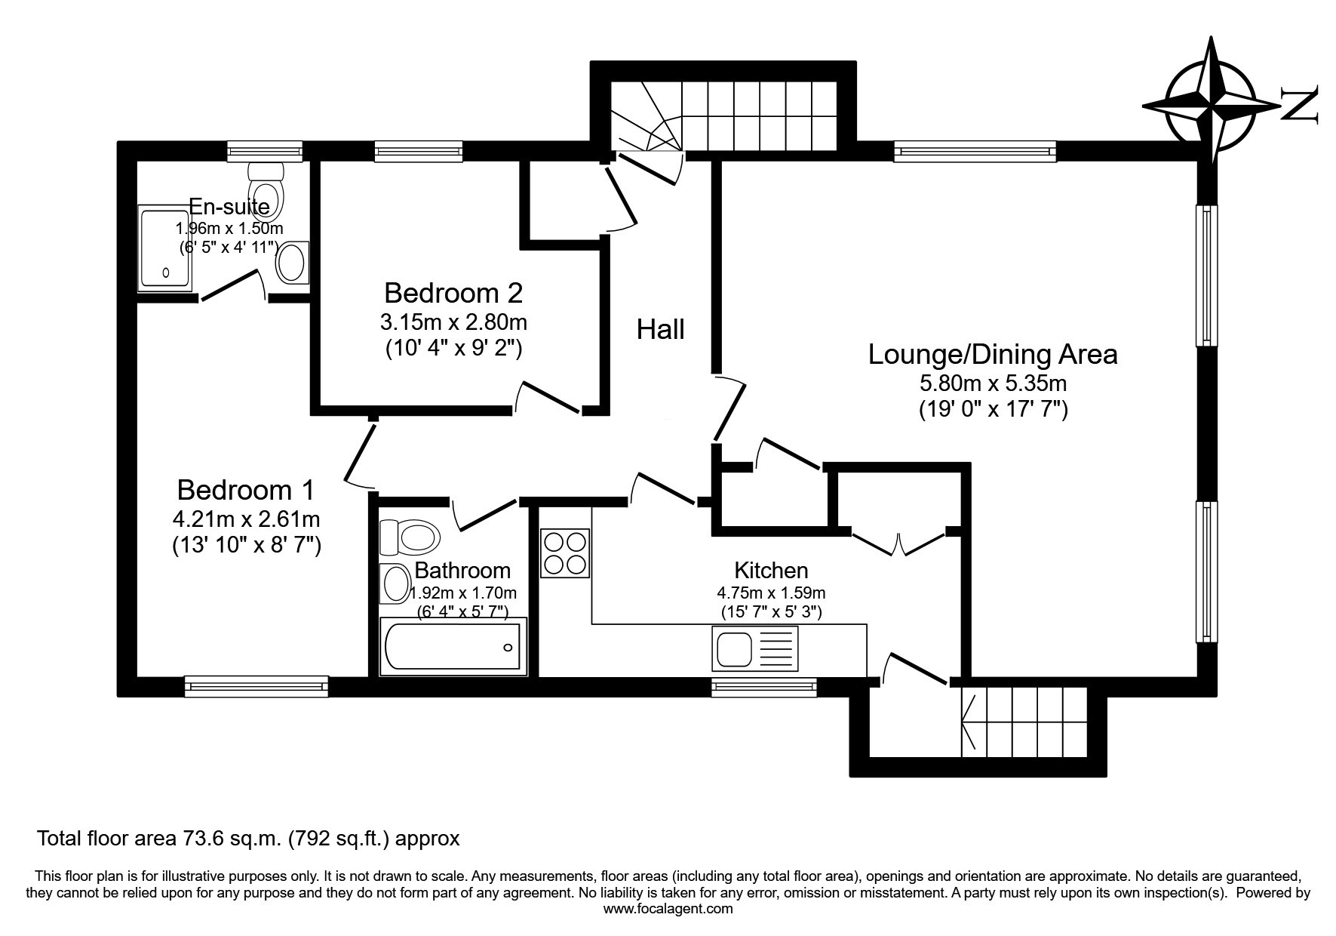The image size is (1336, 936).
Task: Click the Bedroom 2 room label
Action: click(x=453, y=292)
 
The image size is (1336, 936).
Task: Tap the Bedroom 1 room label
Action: click(x=246, y=490)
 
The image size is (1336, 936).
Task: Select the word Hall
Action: click(x=661, y=329)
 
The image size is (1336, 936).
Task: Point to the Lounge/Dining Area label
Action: click(x=993, y=354)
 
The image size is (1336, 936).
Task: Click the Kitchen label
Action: click(x=771, y=570)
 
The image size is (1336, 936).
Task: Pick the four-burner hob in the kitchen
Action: click(x=565, y=553)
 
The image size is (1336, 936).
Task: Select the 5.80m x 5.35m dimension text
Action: click(x=993, y=383)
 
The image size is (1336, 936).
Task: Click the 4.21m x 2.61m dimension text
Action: click(x=246, y=519)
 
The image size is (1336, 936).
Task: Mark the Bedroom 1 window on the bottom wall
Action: click(x=256, y=685)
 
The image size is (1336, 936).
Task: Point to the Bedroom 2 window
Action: click(x=419, y=152)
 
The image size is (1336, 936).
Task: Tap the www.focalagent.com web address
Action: click(x=668, y=909)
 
